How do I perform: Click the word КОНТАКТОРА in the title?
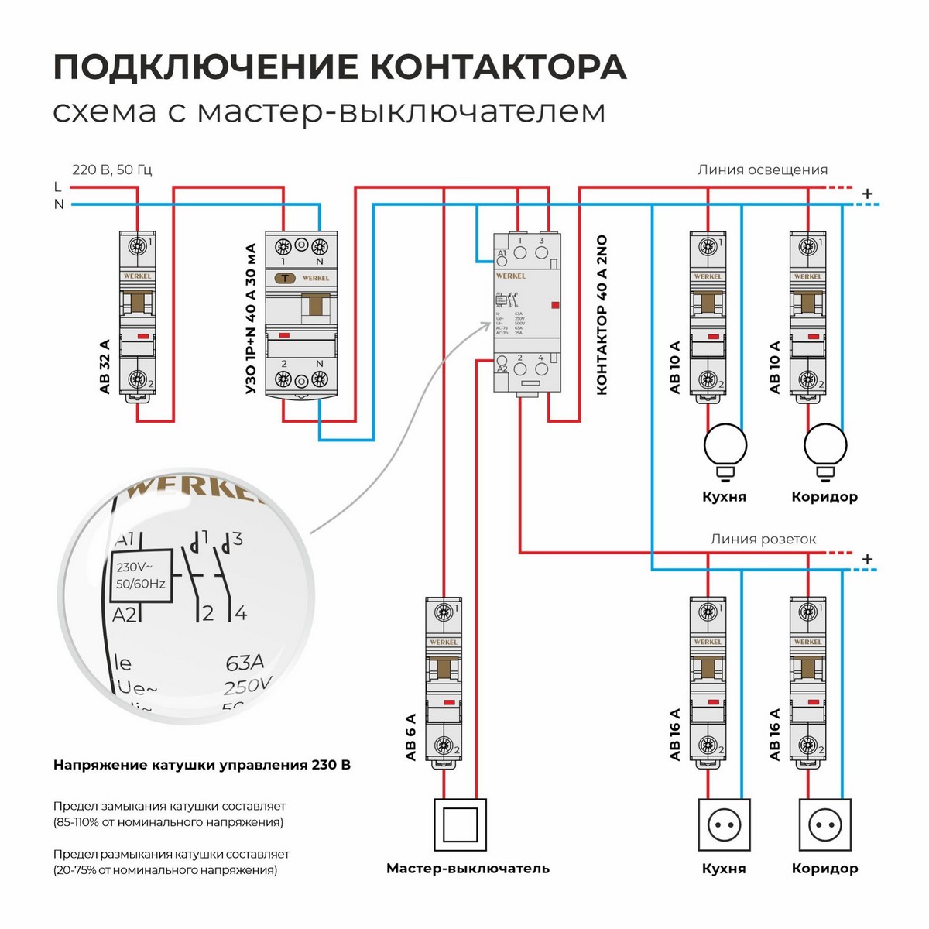click(x=498, y=67)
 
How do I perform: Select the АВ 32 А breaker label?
click(x=105, y=366)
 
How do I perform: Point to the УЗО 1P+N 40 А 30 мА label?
click(x=250, y=319)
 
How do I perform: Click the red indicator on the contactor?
click(x=555, y=307)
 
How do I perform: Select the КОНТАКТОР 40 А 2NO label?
click(x=602, y=316)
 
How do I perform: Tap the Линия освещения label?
click(x=762, y=170)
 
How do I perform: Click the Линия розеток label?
click(x=763, y=539)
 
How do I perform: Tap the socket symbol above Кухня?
click(x=725, y=826)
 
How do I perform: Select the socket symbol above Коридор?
click(x=825, y=826)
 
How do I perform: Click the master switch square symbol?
click(x=460, y=825)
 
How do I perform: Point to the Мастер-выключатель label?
click(x=468, y=868)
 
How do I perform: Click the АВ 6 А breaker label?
click(x=410, y=736)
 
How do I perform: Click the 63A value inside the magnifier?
click(x=245, y=663)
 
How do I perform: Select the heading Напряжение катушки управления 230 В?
click(x=201, y=765)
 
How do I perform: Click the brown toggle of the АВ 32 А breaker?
click(x=138, y=303)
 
